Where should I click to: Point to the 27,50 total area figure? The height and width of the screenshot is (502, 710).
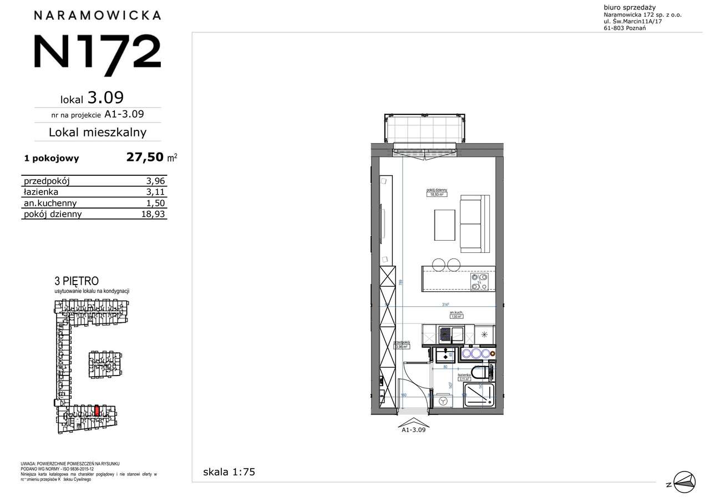[146, 158]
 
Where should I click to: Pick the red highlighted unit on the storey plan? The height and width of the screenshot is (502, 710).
[97, 411]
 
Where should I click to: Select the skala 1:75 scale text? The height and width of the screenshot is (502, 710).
[229, 473]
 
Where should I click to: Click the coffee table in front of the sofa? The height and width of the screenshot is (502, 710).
[445, 225]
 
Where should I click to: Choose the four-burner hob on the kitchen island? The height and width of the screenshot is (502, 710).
[479, 282]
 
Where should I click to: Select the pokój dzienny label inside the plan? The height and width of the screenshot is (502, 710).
[437, 190]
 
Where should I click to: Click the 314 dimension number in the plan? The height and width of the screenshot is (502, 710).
[445, 304]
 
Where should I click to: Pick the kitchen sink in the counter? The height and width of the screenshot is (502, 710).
[444, 334]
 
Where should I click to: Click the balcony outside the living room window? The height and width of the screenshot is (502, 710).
[424, 129]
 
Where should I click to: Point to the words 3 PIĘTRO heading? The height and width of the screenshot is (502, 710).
[77, 281]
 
